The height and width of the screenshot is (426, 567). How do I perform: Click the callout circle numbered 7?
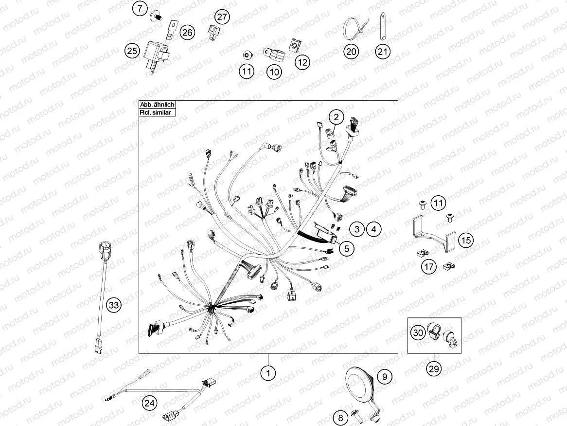[141, 8]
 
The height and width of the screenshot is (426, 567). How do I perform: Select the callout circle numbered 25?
[132, 50]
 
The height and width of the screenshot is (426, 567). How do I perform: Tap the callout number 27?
[222, 17]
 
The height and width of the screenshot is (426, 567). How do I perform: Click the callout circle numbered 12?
[302, 62]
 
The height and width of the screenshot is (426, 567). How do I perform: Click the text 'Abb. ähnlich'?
[157, 105]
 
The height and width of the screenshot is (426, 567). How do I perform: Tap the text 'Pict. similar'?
[156, 112]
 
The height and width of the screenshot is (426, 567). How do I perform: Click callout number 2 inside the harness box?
[337, 117]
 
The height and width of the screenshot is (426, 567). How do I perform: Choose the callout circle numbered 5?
[347, 249]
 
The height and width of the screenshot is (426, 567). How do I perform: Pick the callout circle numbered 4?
[373, 229]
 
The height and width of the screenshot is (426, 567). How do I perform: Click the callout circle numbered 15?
[466, 240]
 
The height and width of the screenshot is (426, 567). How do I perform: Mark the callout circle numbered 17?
[429, 267]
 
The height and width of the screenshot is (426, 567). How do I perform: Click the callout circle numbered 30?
[418, 332]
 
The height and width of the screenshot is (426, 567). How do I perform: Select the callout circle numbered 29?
[434, 369]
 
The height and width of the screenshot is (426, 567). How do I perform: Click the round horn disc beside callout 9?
[357, 383]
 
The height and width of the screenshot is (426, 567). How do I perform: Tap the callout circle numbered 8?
[340, 418]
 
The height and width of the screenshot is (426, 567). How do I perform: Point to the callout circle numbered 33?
[113, 305]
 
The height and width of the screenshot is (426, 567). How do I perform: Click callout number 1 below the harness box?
[268, 373]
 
